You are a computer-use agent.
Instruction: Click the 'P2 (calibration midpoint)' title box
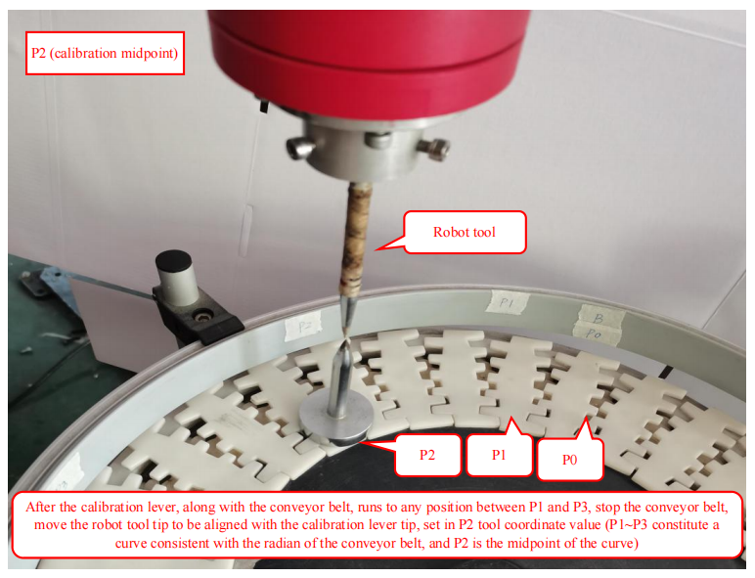click(105, 53)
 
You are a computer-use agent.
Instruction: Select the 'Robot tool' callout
click(465, 232)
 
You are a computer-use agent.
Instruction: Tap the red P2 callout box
click(426, 455)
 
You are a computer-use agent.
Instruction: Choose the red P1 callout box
click(500, 453)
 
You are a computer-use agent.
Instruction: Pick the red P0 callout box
click(570, 459)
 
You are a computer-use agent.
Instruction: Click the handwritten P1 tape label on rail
click(507, 303)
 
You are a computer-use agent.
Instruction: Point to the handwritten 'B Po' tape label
click(599, 325)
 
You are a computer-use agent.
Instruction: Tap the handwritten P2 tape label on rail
click(302, 329)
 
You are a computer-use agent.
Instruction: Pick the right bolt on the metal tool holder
click(434, 148)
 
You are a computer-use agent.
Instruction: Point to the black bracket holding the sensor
click(199, 316)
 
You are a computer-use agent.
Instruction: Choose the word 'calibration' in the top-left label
click(86, 53)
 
